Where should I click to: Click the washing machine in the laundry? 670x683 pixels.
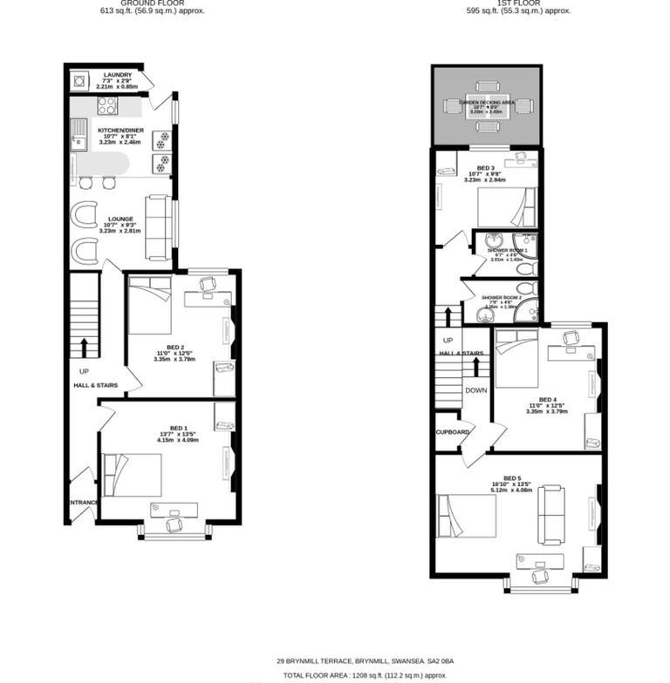(80, 82)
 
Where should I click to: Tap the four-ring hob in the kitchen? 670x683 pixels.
(107, 106)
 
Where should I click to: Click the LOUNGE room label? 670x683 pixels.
(120, 220)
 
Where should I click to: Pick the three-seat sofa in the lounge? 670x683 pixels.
(158, 227)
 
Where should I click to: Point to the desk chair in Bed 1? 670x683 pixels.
(172, 524)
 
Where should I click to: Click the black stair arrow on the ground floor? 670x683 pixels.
(84, 348)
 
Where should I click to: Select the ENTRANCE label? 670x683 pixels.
(84, 503)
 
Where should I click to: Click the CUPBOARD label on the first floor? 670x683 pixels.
(454, 432)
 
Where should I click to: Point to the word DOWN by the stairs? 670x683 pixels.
(476, 390)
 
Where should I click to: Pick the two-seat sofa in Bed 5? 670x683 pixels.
(551, 514)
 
